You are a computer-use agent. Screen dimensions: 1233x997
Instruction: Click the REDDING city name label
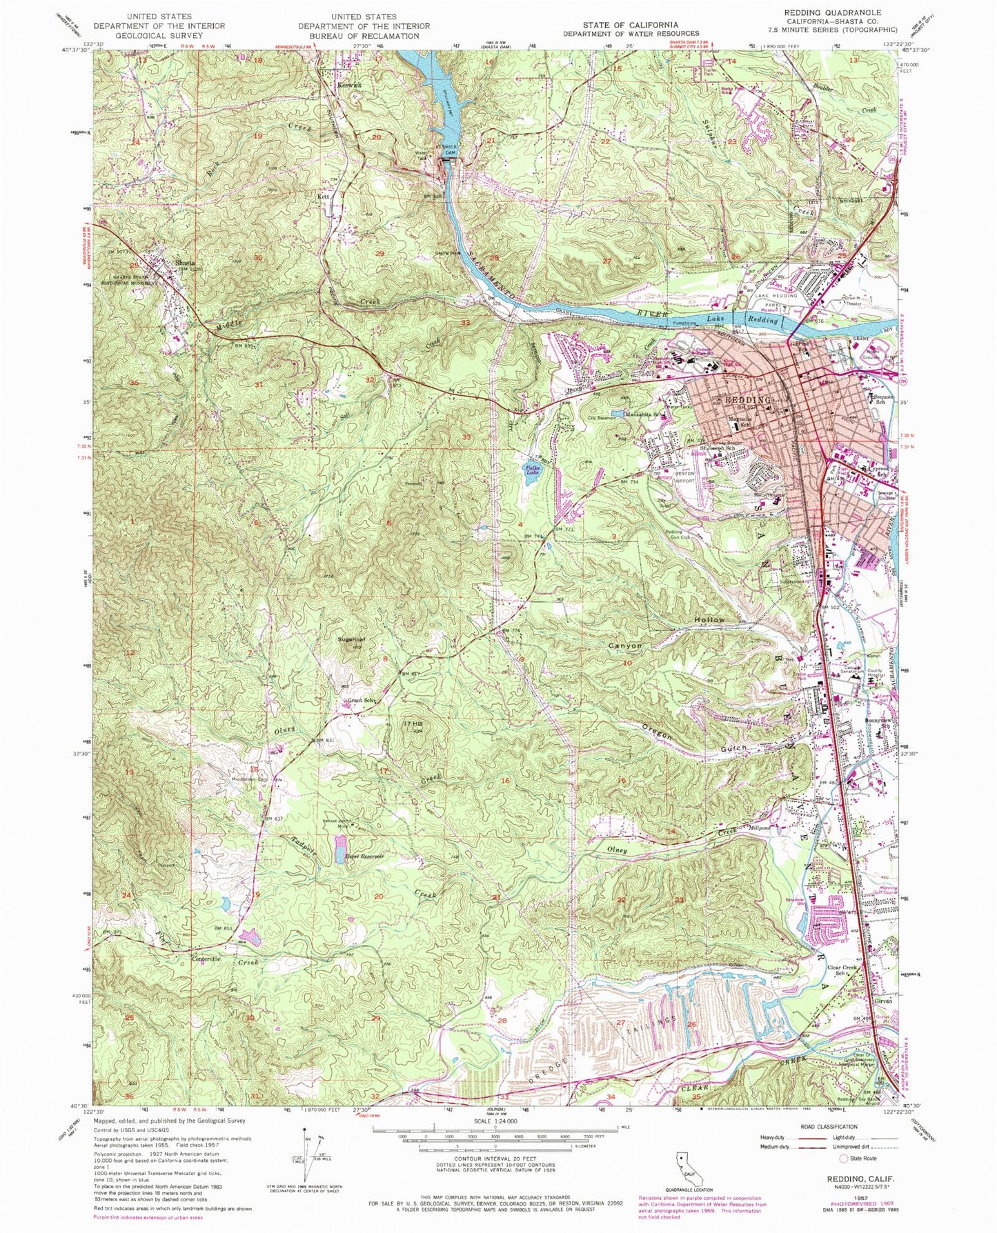pos(745,400)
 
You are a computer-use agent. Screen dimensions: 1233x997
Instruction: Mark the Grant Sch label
pos(360,701)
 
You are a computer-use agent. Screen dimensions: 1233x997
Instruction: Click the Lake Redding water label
pos(762,320)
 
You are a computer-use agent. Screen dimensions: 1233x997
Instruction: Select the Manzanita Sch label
pos(643,415)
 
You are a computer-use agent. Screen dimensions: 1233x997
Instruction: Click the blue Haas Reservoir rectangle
pos(341,850)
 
